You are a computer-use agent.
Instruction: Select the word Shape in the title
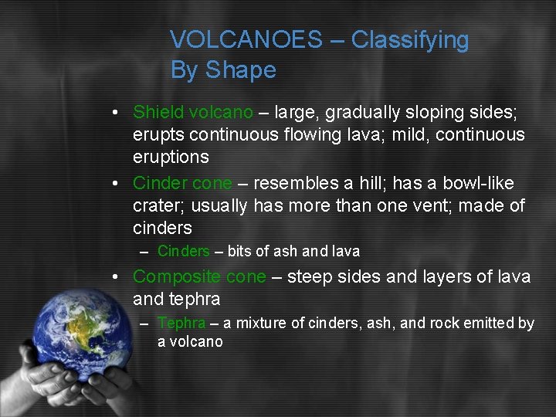point(239,70)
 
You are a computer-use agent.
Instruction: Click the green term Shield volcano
point(192,113)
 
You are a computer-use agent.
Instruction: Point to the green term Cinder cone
point(182,184)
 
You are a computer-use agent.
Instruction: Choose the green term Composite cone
point(199,276)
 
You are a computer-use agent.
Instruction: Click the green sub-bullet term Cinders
point(183,251)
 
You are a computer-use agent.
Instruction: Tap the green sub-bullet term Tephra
point(181,324)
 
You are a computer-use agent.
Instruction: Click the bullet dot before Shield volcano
point(114,113)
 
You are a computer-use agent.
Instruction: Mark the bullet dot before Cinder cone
point(114,184)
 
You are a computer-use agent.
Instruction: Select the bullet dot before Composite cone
point(114,276)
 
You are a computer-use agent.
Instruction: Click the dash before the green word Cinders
point(144,252)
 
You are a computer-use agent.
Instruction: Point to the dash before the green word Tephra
point(144,324)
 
